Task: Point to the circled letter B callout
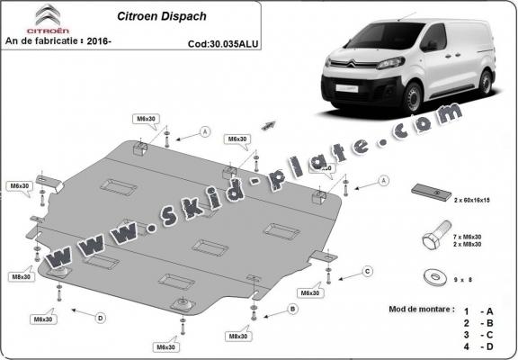[292, 309]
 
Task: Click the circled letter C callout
[367, 270]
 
